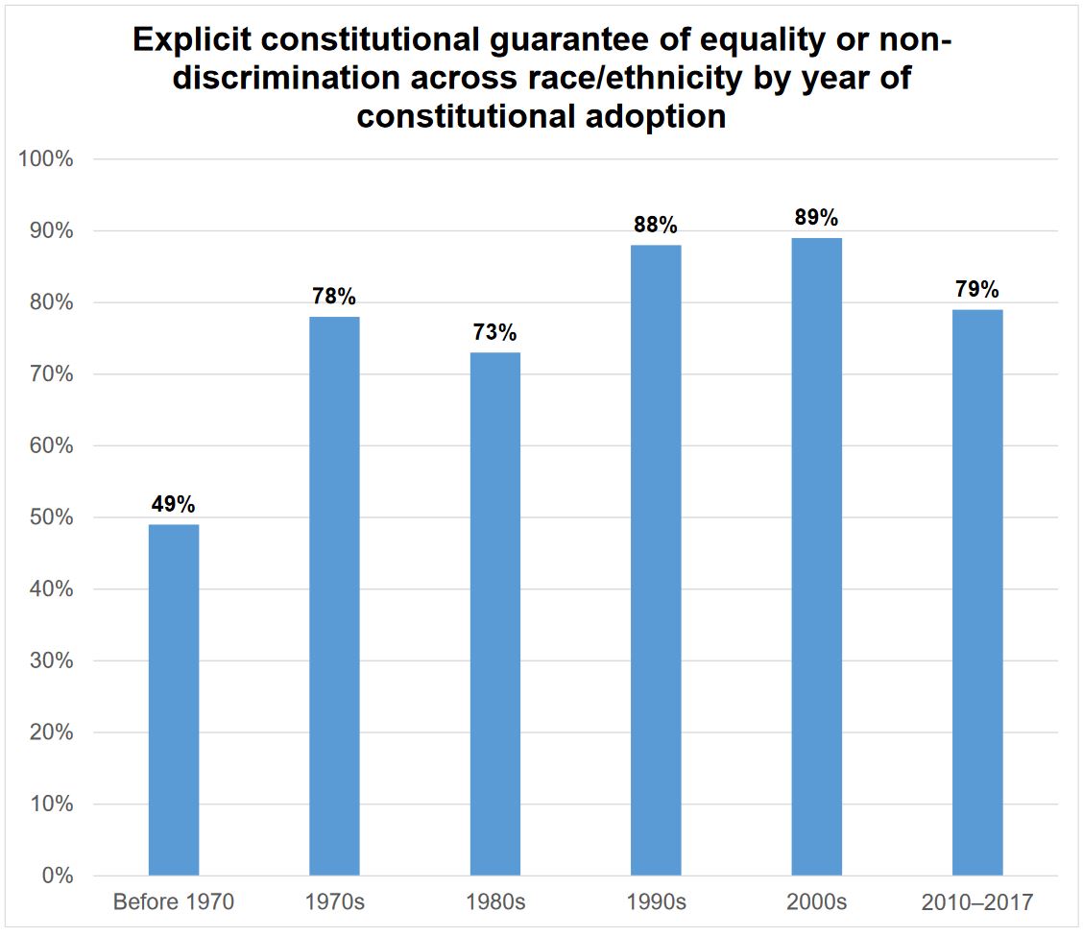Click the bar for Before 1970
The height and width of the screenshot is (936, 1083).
click(x=174, y=700)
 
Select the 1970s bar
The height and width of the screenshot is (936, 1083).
click(x=334, y=596)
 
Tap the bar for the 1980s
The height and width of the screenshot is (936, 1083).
click(x=495, y=614)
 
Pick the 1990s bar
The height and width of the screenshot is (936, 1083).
click(x=656, y=561)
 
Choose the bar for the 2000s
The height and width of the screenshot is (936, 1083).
click(x=816, y=557)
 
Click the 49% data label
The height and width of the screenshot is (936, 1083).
click(x=174, y=504)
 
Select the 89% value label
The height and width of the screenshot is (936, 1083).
click(x=817, y=217)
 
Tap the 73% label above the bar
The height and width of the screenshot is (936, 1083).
click(x=495, y=332)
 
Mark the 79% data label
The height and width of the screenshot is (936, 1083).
click(x=977, y=289)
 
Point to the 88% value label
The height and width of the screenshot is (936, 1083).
click(x=656, y=225)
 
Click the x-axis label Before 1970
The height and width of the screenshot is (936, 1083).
click(x=174, y=903)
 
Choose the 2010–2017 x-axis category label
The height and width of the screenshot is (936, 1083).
click(x=977, y=903)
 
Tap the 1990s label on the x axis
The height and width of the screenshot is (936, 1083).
click(x=656, y=903)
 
